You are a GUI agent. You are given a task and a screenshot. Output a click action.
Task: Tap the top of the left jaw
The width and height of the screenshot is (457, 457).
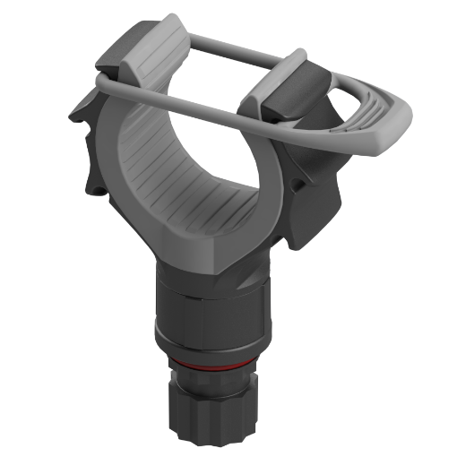click(148, 49)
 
